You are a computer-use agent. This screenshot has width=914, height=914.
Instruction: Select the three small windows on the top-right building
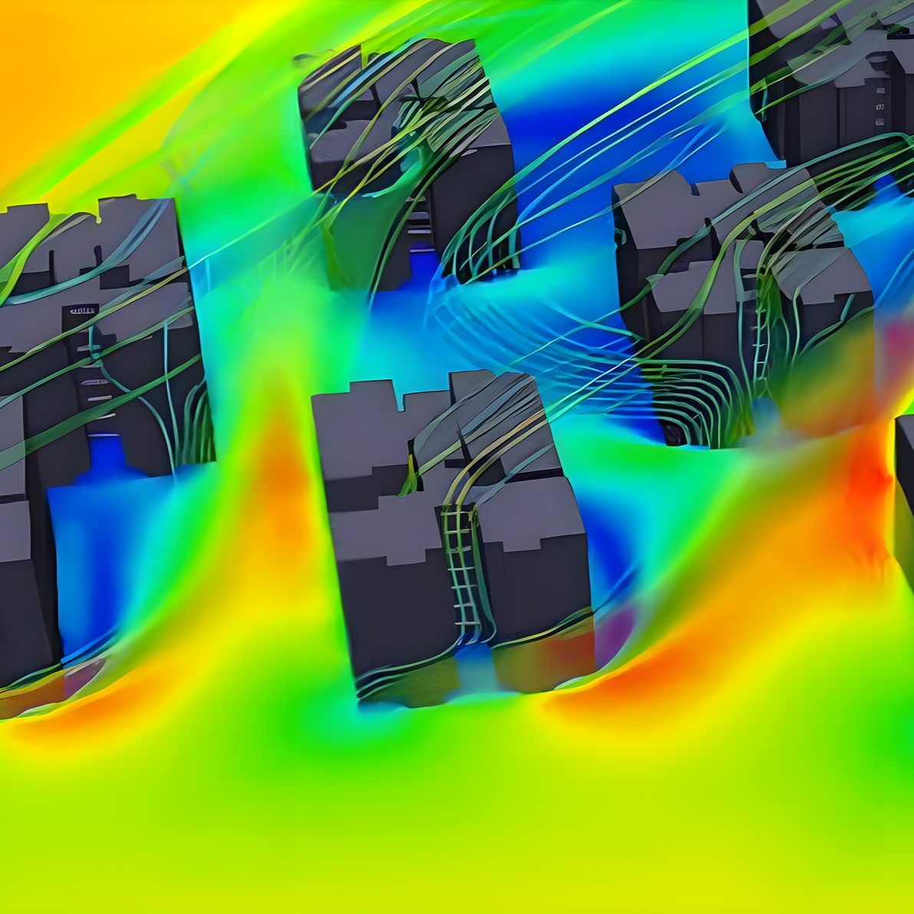pos(879,107)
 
